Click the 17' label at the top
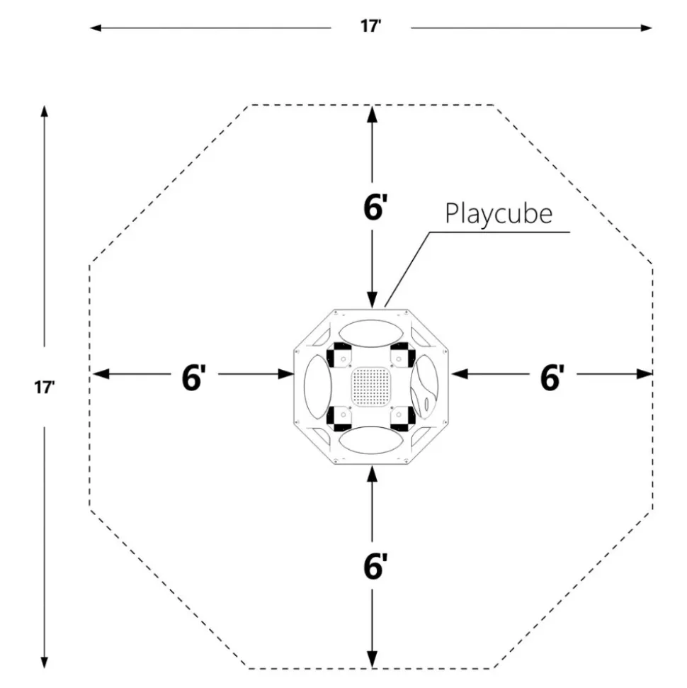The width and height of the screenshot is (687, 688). (x=370, y=26)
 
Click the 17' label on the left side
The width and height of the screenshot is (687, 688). (x=45, y=388)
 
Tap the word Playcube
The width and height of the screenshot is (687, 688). (x=499, y=214)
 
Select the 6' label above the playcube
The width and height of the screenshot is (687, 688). (x=375, y=207)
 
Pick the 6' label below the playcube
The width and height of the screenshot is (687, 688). (x=375, y=565)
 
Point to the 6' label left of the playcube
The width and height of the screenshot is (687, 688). (x=193, y=378)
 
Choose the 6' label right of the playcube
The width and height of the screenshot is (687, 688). (x=552, y=378)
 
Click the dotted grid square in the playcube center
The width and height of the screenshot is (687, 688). (x=371, y=387)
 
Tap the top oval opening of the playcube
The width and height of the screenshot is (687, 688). (x=371, y=334)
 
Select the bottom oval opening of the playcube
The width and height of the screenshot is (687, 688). (x=371, y=440)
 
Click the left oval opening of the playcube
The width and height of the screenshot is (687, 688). (x=318, y=387)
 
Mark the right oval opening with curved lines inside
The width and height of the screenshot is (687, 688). (x=424, y=387)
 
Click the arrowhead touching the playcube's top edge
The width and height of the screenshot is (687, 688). (x=372, y=299)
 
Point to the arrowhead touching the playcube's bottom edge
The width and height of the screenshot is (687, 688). (x=372, y=474)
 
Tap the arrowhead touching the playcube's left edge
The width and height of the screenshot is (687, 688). (x=285, y=374)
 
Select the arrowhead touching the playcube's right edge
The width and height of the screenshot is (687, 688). (x=458, y=374)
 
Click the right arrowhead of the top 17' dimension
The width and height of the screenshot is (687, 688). (x=646, y=28)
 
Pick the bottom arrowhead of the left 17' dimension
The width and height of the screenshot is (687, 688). (x=44, y=662)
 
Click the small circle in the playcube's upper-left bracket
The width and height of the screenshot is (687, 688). (x=343, y=359)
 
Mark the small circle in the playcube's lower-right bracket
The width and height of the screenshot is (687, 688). (x=399, y=414)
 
